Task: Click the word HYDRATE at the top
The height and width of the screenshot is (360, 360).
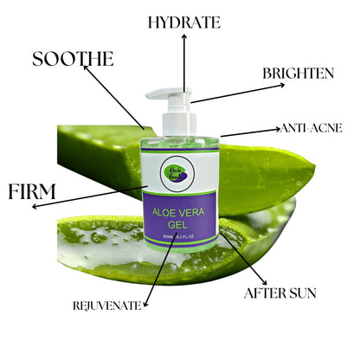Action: point(183,22)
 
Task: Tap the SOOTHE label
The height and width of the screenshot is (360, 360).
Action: point(73,59)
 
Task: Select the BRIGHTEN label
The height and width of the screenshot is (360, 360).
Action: point(298,74)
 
